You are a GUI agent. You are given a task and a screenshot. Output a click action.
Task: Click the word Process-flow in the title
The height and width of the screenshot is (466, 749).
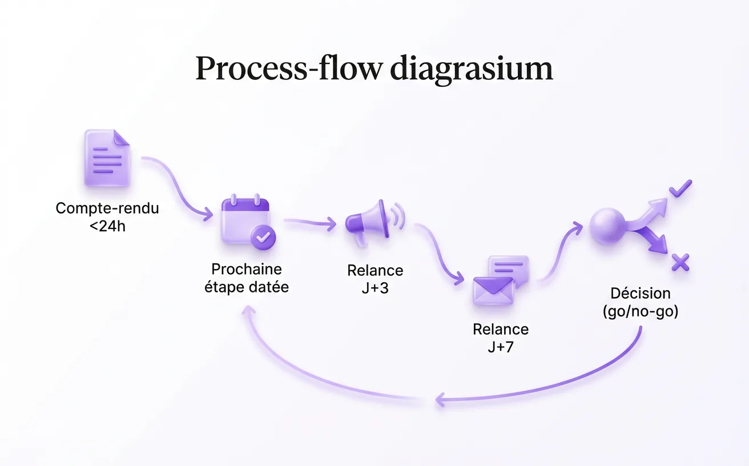[x=289, y=69]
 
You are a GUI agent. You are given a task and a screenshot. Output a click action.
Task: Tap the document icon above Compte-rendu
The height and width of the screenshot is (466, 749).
[x=107, y=158]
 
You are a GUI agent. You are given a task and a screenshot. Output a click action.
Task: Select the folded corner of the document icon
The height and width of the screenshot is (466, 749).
[x=122, y=137]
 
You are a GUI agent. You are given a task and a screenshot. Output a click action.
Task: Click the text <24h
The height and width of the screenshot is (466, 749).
[x=107, y=226]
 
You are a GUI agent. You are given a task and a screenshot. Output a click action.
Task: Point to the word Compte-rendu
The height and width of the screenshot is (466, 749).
[x=107, y=208]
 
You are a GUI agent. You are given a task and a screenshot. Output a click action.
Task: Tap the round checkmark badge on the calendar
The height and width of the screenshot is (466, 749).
[x=263, y=238]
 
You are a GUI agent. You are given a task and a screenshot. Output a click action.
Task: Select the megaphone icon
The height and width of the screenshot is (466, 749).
[x=375, y=222]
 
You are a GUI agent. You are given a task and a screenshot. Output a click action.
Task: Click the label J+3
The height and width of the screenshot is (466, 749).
[x=375, y=288]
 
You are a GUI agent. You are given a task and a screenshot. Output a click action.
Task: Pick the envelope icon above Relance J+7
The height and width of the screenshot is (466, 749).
[x=493, y=291]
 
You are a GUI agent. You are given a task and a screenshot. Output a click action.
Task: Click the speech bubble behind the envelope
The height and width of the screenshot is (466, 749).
[x=509, y=270]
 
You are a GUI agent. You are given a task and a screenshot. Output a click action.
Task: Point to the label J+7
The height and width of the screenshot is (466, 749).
[x=501, y=347]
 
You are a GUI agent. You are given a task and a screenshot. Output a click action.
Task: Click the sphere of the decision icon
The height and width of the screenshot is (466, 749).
[x=607, y=226]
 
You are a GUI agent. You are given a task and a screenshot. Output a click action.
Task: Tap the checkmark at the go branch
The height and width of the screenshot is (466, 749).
[x=680, y=188]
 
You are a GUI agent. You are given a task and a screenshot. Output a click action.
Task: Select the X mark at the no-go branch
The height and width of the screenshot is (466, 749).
[x=680, y=262]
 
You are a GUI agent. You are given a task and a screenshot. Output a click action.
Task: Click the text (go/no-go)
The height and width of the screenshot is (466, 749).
[x=641, y=311]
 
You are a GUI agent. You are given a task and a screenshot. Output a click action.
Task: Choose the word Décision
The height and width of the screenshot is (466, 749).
[x=641, y=294]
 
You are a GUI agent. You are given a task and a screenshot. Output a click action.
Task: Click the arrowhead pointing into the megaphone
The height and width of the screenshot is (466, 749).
[x=331, y=224]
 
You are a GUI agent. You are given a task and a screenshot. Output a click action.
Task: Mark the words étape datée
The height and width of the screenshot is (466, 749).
[x=247, y=287]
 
